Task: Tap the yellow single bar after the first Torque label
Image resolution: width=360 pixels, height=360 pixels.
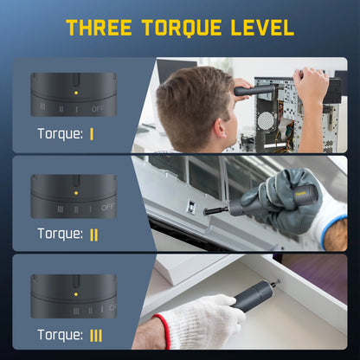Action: [91, 134]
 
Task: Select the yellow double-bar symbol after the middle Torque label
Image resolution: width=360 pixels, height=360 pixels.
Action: [93, 234]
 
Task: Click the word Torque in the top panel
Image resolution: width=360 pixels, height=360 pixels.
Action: [59, 134]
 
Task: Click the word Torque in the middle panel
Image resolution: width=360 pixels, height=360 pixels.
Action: [59, 234]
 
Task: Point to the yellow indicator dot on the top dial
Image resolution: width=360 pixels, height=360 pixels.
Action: [75, 92]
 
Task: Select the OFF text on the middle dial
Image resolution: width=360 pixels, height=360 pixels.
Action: [108, 208]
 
